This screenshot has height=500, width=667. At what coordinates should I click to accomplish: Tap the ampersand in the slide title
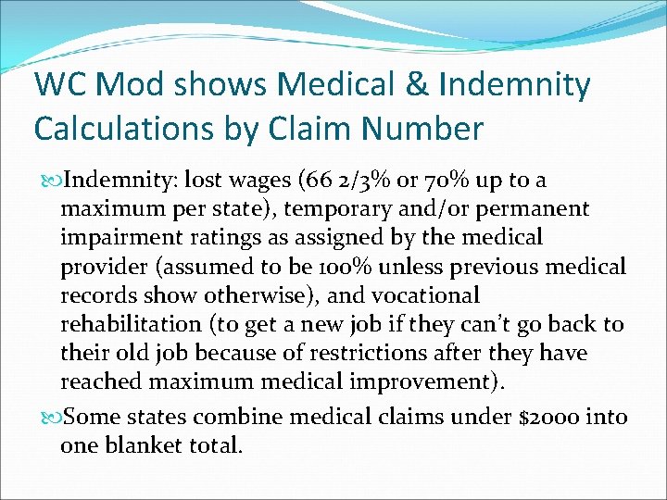pyautogui.click(x=420, y=85)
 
